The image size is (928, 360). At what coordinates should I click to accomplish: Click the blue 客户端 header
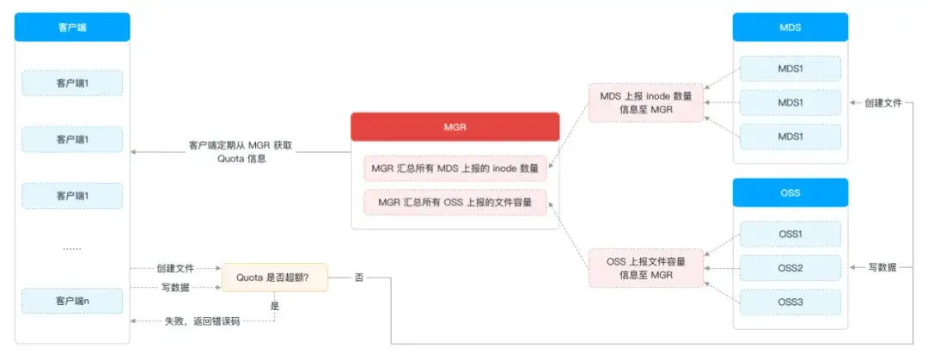(72, 27)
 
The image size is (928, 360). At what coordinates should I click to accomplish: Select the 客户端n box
(72, 301)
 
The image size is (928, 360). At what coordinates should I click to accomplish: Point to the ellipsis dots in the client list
(72, 248)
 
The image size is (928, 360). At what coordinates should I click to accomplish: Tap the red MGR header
(455, 126)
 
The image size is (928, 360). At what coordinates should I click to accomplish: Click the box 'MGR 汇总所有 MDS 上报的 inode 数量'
(455, 168)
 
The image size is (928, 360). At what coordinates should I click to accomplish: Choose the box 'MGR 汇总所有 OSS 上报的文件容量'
(455, 203)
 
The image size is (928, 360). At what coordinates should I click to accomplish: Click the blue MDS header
(790, 27)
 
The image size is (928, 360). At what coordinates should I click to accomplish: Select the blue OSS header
(790, 192)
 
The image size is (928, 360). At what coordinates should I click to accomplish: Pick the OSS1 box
(790, 234)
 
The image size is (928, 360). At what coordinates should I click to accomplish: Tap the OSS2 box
(790, 268)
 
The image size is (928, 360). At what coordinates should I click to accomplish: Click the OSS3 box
(790, 302)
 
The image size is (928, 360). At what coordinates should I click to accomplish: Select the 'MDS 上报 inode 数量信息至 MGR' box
(645, 101)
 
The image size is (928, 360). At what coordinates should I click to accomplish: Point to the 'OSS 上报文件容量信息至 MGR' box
(645, 267)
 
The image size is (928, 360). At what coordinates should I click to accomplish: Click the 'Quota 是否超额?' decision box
(273, 277)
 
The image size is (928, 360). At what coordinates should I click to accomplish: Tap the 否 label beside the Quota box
(359, 278)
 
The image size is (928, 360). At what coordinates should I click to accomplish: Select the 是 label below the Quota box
(275, 305)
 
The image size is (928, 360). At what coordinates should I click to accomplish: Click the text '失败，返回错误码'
(202, 320)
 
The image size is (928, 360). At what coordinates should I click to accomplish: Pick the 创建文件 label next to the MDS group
(882, 102)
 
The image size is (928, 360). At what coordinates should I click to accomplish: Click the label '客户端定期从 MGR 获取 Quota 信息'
(240, 152)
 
